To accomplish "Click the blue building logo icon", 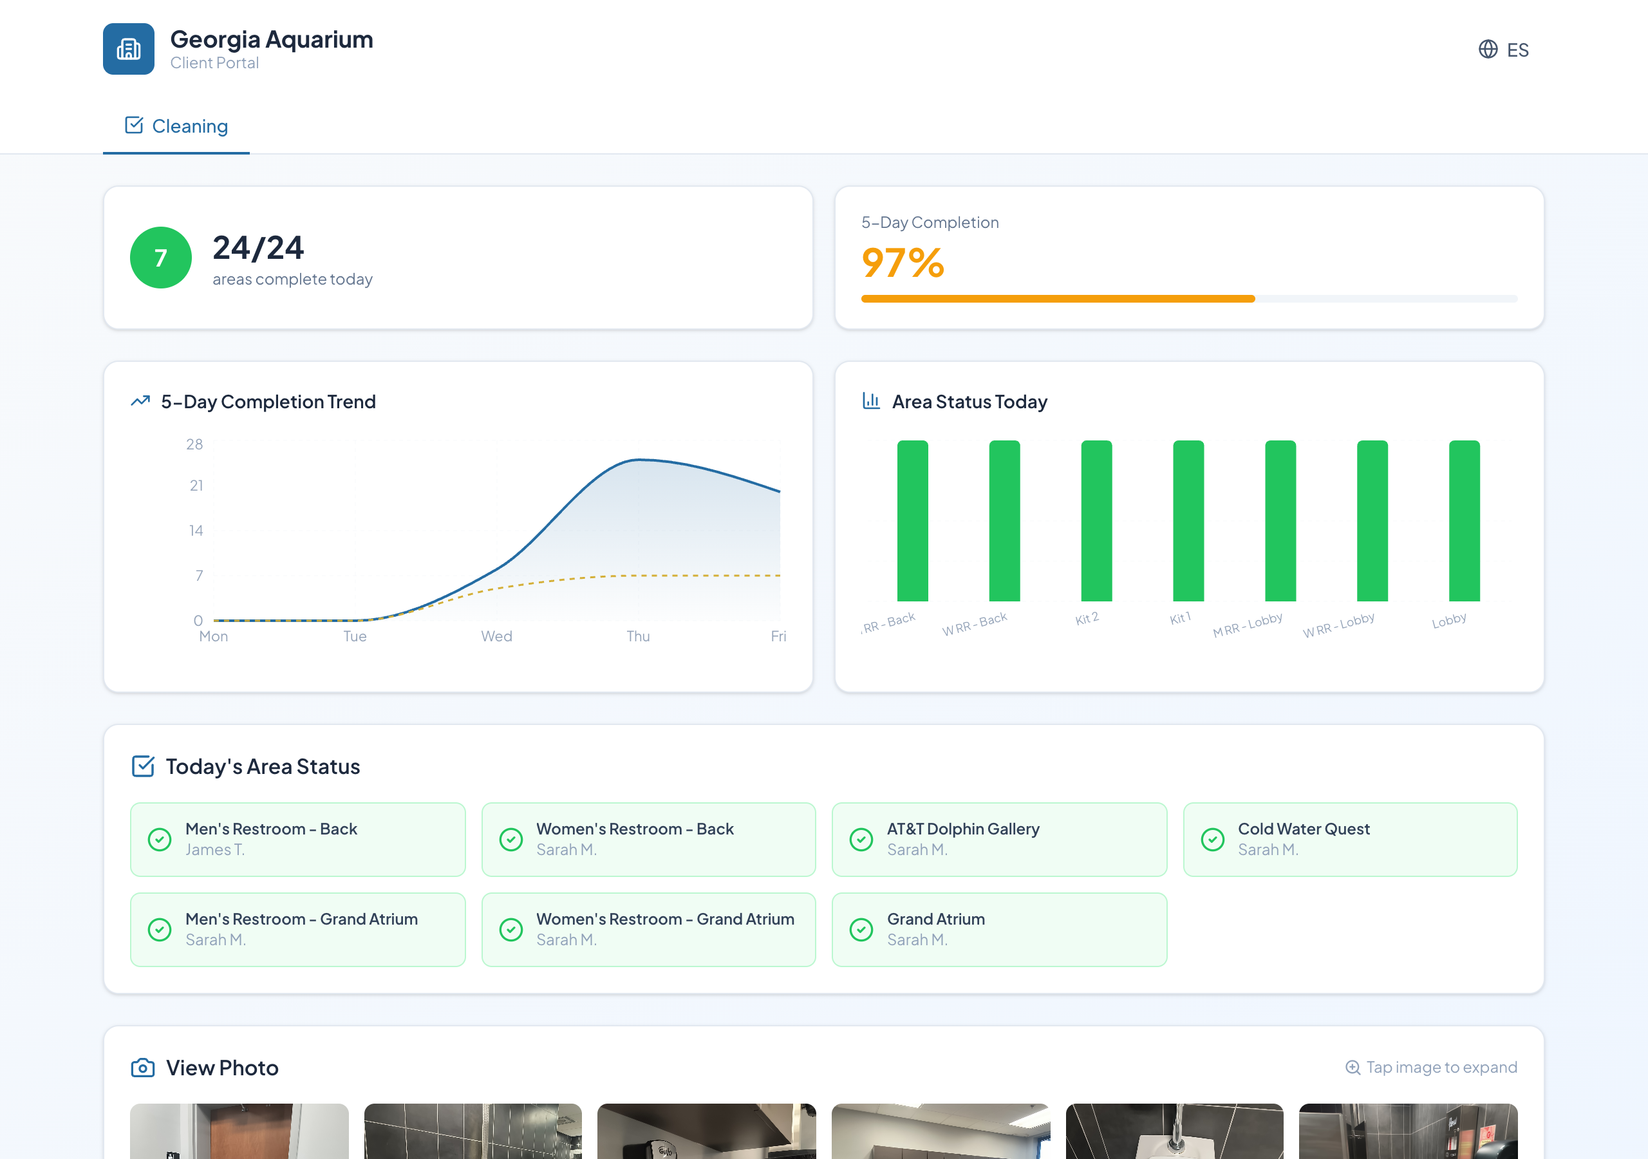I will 129,49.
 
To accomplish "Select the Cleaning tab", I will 176,126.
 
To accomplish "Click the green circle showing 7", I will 161,258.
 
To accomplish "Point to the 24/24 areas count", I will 258,249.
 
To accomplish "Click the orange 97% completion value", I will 903,263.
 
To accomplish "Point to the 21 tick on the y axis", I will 196,486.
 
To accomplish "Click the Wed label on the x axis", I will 497,636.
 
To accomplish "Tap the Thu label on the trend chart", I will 638,636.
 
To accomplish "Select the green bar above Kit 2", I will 1096,521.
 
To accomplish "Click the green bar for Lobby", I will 1465,521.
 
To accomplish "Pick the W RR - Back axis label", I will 975,624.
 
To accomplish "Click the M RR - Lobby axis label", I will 1248,625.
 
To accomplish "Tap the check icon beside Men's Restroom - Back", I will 160,840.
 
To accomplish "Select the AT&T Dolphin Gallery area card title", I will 963,829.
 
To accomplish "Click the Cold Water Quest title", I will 1304,829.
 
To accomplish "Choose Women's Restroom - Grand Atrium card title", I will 664,919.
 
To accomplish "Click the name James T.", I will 214,849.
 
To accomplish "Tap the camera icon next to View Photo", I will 143,1068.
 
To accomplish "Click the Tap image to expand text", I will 1441,1067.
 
